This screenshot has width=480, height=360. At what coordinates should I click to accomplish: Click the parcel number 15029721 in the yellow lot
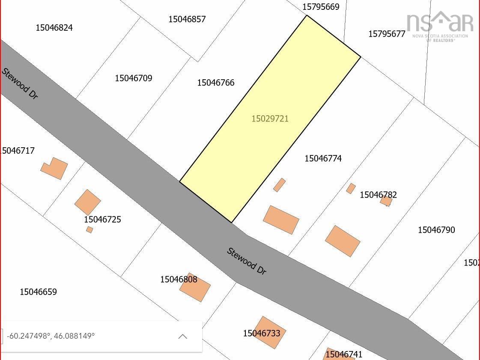pos(270,119)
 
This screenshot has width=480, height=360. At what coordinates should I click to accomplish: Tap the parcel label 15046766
pos(216,83)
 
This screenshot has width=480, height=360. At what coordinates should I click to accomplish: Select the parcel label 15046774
pos(323,158)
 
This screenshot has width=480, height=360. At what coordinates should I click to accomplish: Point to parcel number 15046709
pos(133,78)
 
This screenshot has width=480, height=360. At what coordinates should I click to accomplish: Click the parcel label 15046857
pos(187,19)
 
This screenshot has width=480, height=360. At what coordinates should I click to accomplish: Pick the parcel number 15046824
pos(54,28)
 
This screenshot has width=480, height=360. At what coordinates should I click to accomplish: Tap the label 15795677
pos(387,34)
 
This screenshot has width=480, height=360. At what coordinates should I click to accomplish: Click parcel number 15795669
pos(321,7)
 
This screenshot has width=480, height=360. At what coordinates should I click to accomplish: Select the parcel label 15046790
pos(436,230)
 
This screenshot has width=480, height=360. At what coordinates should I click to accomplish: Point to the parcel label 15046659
pos(38,292)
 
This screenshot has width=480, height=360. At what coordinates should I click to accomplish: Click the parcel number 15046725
pos(102,220)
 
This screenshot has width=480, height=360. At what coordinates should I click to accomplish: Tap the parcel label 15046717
pos(18,151)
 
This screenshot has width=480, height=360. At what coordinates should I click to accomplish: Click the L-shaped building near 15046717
pos(55,168)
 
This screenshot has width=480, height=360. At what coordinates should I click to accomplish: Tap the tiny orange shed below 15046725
pos(89,230)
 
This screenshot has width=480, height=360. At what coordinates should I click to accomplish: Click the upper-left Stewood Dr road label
pos(20,83)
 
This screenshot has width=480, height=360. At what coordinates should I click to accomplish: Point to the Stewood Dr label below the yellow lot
pos(247,261)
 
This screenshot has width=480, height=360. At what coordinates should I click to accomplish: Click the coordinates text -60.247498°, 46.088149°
pos(51,336)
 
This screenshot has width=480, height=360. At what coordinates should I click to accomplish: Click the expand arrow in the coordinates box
pos(182,336)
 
